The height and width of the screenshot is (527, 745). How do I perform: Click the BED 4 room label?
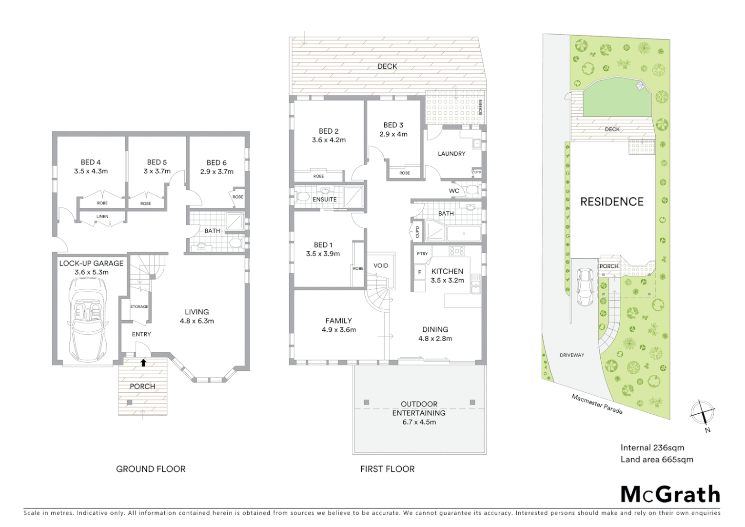click(91, 162)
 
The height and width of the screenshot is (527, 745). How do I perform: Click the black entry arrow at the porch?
click(143, 363)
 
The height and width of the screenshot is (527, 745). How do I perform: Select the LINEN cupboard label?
click(102, 217)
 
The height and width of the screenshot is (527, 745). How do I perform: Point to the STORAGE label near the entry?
click(139, 306)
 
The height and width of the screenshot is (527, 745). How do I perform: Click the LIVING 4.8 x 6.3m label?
click(196, 316)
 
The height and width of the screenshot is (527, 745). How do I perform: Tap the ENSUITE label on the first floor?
click(325, 200)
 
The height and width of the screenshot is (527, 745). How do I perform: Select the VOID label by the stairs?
click(381, 266)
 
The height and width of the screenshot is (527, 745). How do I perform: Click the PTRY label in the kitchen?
click(422, 254)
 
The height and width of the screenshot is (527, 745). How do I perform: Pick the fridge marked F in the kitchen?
click(419, 272)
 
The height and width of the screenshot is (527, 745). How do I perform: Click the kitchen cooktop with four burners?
click(457, 251)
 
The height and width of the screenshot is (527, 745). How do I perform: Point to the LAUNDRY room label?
click(451, 154)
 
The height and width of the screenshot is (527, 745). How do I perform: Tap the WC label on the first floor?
click(454, 191)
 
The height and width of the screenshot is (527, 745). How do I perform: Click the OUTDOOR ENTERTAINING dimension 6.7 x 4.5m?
click(419, 422)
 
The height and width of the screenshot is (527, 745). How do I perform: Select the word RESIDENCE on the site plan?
click(611, 202)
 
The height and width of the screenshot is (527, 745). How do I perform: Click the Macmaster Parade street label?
click(597, 404)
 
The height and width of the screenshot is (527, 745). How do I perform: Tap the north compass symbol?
click(702, 413)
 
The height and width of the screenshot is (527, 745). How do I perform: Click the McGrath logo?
click(670, 494)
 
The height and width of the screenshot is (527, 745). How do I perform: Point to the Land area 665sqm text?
click(656, 459)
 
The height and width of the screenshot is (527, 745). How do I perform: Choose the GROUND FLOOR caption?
click(151, 469)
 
